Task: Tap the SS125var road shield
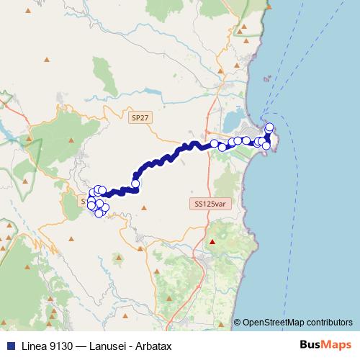tap(209, 204)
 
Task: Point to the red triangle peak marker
tap(212, 242)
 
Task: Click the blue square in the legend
tap(8, 346)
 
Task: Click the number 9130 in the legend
tap(63, 346)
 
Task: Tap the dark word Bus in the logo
tap(310, 346)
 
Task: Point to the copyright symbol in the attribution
tap(237, 322)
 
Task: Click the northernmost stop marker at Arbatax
tap(270, 127)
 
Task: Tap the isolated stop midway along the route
tap(135, 183)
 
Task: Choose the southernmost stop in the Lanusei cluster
tap(99, 212)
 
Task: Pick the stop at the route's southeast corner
tap(266, 145)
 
